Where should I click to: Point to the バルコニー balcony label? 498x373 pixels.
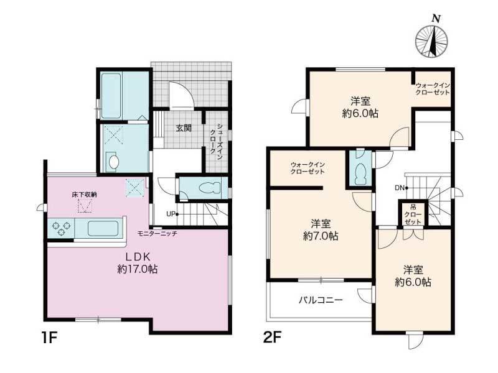click(320, 300)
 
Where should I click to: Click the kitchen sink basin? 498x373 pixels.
click(103, 228)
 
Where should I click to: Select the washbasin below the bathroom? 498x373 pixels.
click(113, 162)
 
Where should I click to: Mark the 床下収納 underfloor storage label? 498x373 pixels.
click(84, 195)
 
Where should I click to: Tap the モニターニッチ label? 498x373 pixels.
click(157, 234)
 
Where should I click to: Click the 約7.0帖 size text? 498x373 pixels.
click(321, 236)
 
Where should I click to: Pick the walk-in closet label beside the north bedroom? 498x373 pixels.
click(433, 88)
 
